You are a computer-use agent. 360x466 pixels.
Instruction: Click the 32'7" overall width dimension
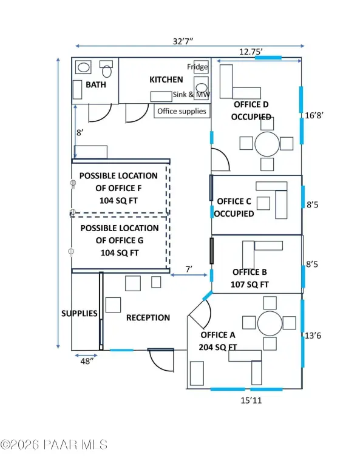point(183,41)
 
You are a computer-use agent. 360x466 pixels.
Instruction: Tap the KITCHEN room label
point(166,79)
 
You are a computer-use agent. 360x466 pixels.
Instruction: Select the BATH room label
point(96,85)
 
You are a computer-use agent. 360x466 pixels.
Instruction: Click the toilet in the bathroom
point(106,69)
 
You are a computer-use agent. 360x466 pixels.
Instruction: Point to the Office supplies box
point(182,111)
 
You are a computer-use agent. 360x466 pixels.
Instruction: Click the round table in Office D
point(267,144)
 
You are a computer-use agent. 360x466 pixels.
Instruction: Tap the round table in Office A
point(270,323)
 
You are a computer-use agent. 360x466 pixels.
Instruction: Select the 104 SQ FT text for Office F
point(118,201)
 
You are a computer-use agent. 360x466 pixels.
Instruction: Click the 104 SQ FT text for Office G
point(120,253)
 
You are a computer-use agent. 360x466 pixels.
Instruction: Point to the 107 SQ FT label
point(250,285)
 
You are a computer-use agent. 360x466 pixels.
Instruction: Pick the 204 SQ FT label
point(218,347)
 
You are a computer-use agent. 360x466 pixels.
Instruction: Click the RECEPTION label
point(148,318)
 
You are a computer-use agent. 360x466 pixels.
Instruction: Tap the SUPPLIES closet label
point(80,314)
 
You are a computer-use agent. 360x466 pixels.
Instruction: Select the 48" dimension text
point(87,362)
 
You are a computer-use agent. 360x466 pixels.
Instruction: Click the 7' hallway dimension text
point(189,269)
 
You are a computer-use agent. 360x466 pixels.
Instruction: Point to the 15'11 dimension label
point(251,400)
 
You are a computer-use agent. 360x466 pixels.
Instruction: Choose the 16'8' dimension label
point(314,115)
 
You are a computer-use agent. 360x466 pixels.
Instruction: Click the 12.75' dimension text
point(251,52)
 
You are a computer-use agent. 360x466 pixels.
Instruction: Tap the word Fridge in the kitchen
point(197,67)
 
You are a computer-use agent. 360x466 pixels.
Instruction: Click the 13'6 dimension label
point(313,336)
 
